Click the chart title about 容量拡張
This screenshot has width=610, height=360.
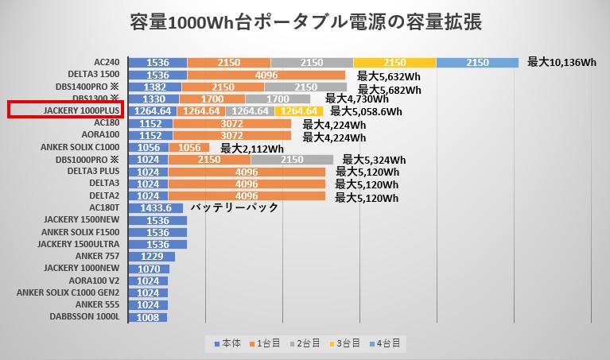(305, 22)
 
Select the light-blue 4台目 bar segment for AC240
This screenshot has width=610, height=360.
(477, 62)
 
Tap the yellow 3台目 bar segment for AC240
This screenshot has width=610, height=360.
(394, 62)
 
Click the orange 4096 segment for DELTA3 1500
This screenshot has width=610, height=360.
(266, 75)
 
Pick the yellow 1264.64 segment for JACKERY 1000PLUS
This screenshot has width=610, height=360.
(299, 111)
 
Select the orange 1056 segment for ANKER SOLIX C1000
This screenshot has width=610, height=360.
(188, 147)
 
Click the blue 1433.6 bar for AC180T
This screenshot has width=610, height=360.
(155, 207)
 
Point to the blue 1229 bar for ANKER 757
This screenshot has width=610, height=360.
(151, 256)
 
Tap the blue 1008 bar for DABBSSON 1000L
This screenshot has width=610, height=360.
(147, 316)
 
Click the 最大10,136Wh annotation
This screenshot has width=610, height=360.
(561, 62)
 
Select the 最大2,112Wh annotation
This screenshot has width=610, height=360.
(252, 149)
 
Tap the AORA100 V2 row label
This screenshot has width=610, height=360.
(94, 280)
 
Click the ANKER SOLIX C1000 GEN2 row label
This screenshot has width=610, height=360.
(68, 292)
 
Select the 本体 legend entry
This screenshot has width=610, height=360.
(227, 343)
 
